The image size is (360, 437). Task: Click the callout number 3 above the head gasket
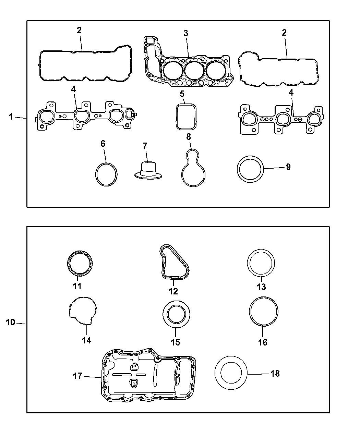pos(185,33)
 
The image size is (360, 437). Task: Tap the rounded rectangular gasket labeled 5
pos(185,117)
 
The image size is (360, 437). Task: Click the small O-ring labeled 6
pos(106,174)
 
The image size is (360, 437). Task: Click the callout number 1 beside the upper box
pos(11,117)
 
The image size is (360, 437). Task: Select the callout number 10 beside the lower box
pos(11,323)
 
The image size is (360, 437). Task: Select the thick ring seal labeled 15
pos(176,313)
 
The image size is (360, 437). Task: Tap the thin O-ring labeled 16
pos(263,311)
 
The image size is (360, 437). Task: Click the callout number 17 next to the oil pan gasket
pos(78,376)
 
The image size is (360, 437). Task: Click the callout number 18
pos(275,373)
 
